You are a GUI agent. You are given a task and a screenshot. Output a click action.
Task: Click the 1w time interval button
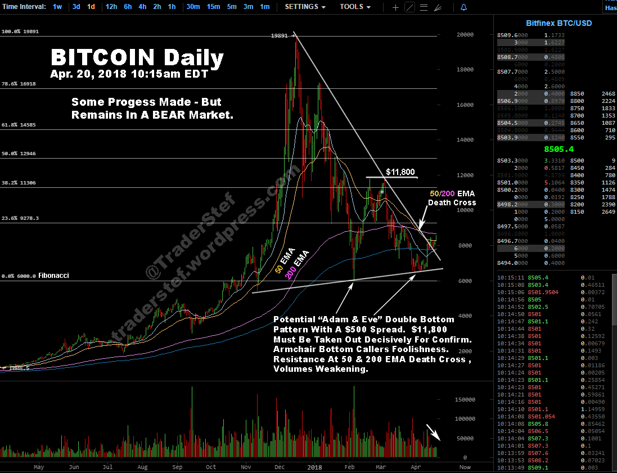click(x=57, y=7)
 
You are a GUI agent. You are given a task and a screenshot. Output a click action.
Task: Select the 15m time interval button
click(x=213, y=7)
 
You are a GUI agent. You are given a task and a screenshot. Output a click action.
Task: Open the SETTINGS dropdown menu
click(x=305, y=7)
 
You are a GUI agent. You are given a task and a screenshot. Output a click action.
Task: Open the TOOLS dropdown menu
click(x=355, y=7)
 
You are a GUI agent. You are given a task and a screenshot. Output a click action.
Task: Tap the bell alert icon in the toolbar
click(x=463, y=7)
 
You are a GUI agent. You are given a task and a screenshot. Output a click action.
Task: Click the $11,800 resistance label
click(x=401, y=172)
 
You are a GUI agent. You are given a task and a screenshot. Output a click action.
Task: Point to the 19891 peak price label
click(x=280, y=35)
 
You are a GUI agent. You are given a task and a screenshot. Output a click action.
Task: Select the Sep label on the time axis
click(x=178, y=467)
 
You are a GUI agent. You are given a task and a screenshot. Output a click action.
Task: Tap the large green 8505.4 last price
click(x=559, y=149)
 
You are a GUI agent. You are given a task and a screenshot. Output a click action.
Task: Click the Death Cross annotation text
click(x=452, y=202)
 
